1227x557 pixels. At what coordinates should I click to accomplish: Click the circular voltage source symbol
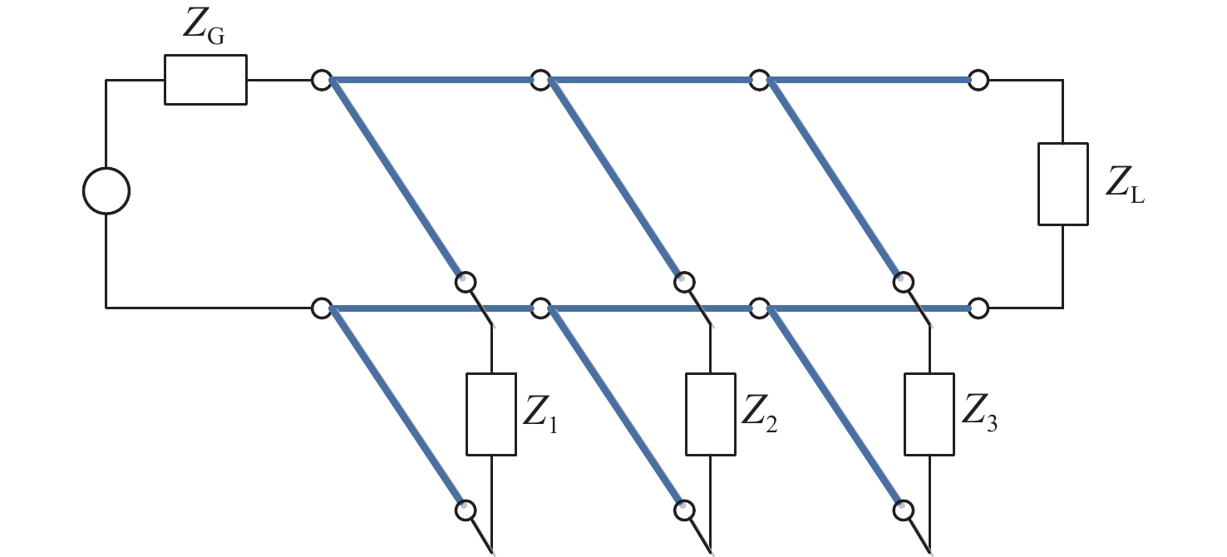[106, 190]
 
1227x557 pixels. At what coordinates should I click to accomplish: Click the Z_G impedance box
[205, 80]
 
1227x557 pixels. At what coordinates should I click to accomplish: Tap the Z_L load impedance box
[1062, 184]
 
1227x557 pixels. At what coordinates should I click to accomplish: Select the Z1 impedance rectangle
[490, 414]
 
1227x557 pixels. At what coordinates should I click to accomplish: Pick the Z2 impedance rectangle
[711, 414]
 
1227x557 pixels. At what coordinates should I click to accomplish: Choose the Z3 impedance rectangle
[929, 414]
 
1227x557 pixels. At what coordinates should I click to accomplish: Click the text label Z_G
[204, 27]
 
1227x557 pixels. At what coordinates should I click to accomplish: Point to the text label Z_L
[1125, 185]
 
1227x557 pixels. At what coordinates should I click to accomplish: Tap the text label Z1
[540, 415]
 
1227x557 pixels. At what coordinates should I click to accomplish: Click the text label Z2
[759, 415]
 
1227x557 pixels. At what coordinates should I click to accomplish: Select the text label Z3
[979, 415]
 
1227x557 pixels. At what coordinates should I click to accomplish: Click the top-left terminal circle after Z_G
[322, 80]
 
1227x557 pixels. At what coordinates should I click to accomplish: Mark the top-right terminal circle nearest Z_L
[978, 80]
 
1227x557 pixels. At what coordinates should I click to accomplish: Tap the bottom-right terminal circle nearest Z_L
[978, 308]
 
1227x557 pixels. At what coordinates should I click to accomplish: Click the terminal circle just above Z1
[466, 282]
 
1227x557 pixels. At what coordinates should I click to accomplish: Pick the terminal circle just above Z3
[904, 282]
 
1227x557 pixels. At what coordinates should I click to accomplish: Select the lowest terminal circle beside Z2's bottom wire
[684, 510]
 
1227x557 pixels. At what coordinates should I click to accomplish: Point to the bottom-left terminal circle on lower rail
[322, 308]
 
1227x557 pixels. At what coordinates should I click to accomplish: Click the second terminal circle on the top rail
[540, 80]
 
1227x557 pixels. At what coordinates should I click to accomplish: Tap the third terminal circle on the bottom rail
[759, 308]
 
